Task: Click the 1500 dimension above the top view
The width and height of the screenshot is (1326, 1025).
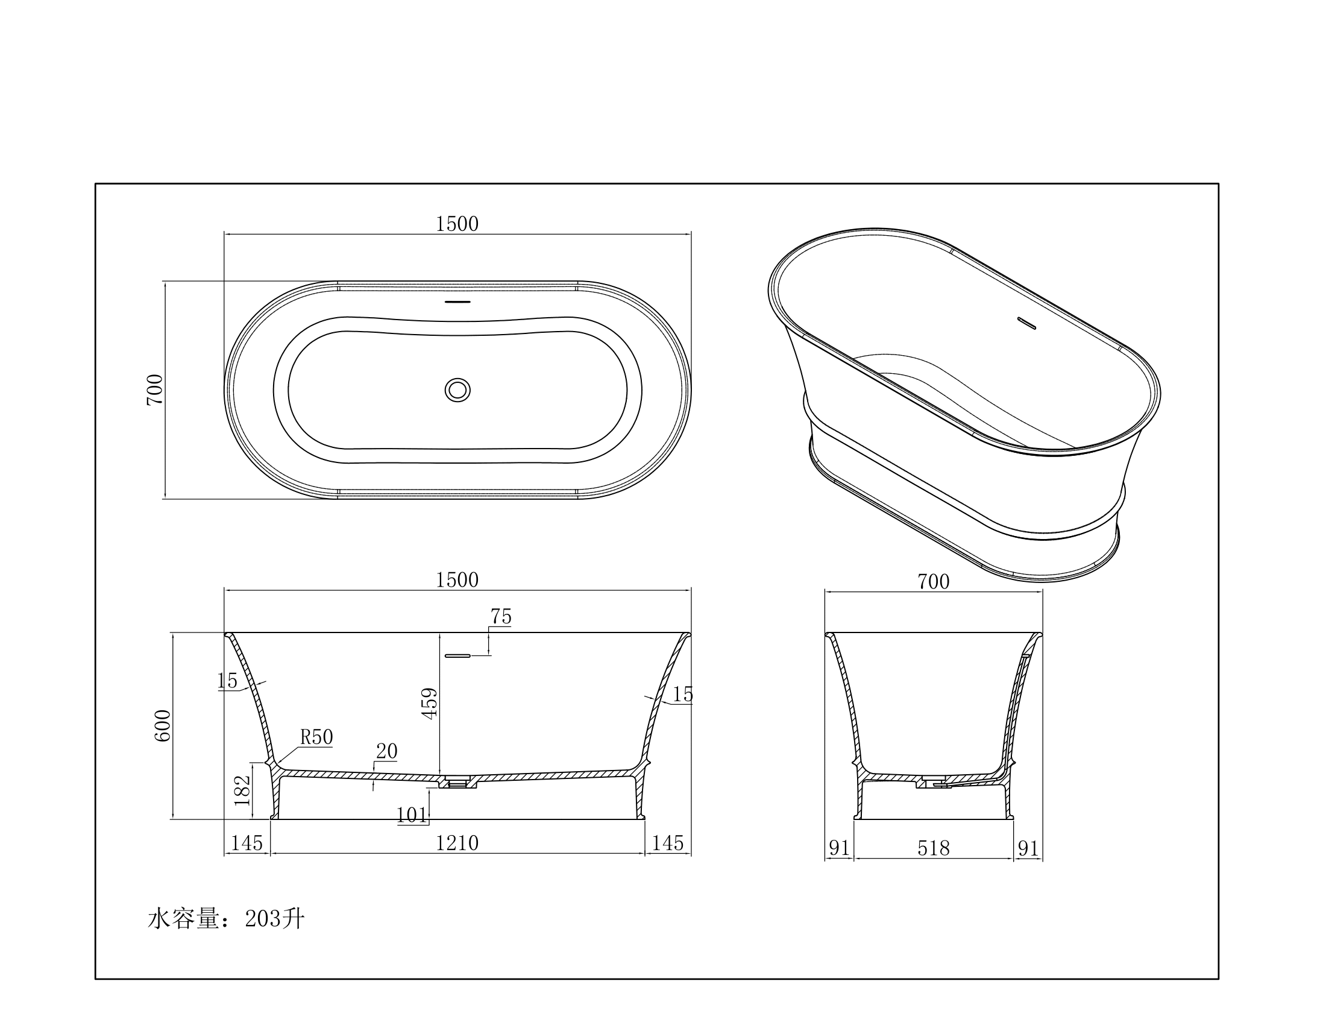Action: [457, 224]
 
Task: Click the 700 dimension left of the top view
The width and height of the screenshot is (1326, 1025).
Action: [155, 390]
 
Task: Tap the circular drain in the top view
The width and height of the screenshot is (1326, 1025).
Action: [457, 390]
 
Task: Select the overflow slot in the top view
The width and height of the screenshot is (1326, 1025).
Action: [457, 302]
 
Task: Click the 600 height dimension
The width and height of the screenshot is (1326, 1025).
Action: [163, 725]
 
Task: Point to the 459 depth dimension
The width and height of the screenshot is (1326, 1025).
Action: [429, 704]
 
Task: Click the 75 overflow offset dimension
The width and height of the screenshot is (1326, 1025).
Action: [501, 616]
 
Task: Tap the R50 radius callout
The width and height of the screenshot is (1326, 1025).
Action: [316, 737]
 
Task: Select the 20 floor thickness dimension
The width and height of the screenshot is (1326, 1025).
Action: [387, 752]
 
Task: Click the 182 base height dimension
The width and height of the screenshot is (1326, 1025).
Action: [242, 790]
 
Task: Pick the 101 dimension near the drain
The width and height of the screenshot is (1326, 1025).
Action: [412, 815]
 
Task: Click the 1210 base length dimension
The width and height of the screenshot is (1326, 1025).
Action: [457, 843]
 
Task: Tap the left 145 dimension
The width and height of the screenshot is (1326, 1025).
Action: [247, 843]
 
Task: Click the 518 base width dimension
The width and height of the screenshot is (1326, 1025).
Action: [933, 848]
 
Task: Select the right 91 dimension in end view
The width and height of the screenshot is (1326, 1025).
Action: [1028, 848]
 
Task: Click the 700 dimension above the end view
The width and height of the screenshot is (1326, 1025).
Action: [933, 582]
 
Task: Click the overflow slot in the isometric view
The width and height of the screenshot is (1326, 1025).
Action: [1026, 323]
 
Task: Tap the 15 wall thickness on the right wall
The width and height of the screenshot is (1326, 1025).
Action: [682, 694]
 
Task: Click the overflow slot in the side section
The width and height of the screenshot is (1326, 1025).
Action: [457, 656]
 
